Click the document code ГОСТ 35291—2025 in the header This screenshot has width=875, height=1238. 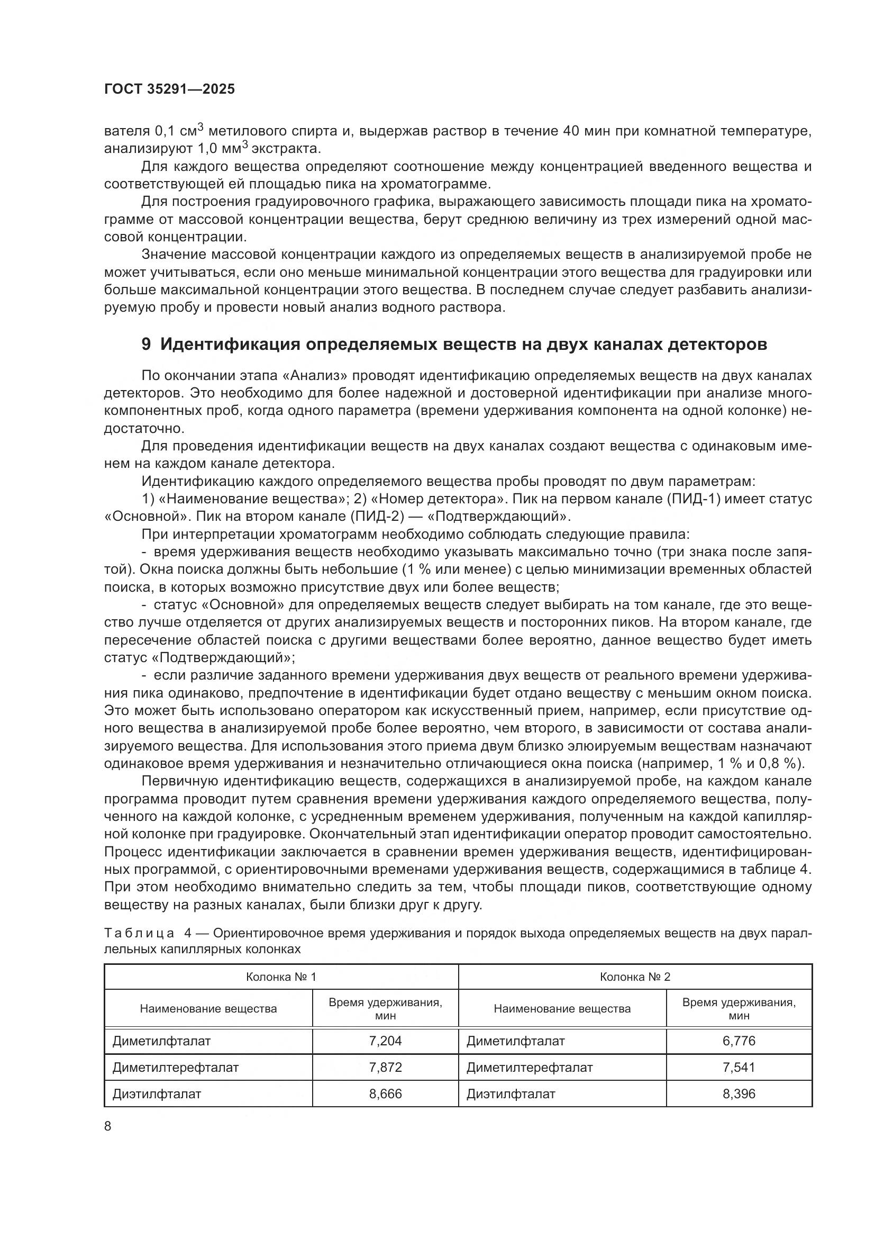169,89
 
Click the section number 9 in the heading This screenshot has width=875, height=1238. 146,344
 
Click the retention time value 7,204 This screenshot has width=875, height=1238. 385,1041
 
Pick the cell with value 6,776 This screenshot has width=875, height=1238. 739,1041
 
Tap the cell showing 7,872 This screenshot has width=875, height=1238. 385,1067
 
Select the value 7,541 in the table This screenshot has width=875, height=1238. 739,1067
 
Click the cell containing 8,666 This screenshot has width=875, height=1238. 385,1094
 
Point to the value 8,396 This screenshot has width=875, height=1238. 739,1094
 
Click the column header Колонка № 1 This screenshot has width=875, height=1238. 281,977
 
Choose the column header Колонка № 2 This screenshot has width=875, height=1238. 635,977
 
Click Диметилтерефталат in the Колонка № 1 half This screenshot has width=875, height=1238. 175,1067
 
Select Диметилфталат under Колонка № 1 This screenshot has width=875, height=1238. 161,1041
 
